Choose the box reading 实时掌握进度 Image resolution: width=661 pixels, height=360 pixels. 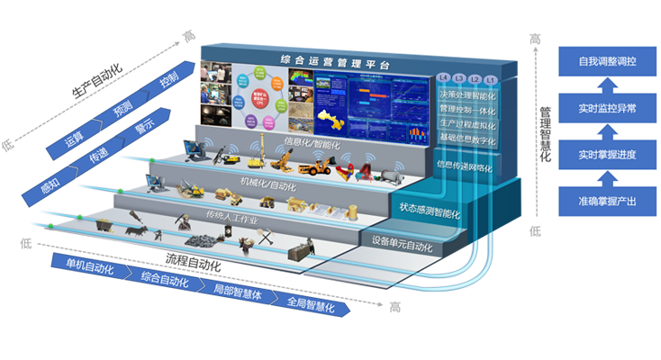pyautogui.click(x=608, y=154)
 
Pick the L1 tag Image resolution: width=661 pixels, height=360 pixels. pyautogui.click(x=491, y=78)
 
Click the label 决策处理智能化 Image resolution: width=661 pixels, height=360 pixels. pyautogui.click(x=467, y=94)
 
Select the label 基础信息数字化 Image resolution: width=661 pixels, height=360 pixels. pyautogui.click(x=467, y=137)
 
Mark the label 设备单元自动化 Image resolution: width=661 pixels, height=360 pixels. pyautogui.click(x=402, y=244)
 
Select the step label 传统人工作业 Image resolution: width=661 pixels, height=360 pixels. pyautogui.click(x=231, y=217)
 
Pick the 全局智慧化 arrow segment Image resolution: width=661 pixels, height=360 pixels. pyautogui.click(x=310, y=306)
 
